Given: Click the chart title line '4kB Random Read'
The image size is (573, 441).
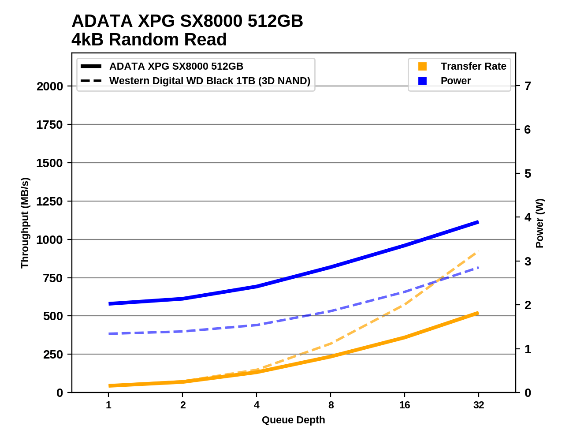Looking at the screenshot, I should pos(149,40).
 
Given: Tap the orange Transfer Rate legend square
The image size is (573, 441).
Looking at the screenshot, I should pos(422,66).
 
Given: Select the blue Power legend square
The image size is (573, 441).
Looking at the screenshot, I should pos(422,81).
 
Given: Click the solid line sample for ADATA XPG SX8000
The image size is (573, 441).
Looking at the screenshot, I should pos(91,66).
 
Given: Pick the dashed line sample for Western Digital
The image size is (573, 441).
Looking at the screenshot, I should pos(91,81).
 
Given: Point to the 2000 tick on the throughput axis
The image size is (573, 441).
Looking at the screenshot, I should pos(50,86).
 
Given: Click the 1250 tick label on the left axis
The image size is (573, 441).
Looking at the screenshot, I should pos(50,202).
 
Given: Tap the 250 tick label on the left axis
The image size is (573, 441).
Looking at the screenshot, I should pos(53,355).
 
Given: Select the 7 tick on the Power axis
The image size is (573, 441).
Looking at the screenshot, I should pos(527,86).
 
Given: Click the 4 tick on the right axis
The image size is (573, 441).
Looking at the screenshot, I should pos(527,217).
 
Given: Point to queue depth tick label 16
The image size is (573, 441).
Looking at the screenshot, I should pos(405,405).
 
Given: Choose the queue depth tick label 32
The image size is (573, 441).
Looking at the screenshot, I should pos(479,405).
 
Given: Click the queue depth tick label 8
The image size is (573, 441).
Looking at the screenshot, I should pos(331,405).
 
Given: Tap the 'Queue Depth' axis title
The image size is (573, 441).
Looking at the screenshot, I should pos(293,420).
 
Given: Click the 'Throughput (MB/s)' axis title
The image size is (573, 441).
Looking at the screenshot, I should pos(25,223).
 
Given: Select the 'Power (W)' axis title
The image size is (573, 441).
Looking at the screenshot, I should pos(540,223).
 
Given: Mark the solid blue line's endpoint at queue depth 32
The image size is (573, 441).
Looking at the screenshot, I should pos(478,222).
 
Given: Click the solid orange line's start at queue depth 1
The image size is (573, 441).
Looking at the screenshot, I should pos(109,386).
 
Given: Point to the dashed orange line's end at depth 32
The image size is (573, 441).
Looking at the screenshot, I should pos(478,251).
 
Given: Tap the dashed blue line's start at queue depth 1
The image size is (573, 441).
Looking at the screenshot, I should pos(109,334).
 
